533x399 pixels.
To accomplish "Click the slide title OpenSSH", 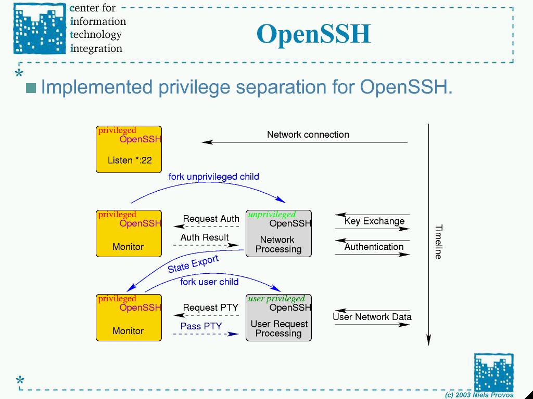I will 313,34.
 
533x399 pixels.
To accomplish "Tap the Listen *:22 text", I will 130,160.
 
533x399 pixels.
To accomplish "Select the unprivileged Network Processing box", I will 278,234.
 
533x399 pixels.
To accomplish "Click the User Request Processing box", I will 278,318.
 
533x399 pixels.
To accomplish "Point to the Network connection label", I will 308,135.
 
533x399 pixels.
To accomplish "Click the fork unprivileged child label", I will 213,177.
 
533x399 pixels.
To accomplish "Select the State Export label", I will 193,264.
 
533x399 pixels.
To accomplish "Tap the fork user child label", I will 209,282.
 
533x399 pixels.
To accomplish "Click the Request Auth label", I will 211,219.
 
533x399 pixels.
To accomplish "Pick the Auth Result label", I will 205,237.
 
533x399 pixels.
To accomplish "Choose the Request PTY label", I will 210,308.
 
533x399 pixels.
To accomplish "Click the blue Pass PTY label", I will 201,326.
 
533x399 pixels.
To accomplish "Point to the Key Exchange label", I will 374,221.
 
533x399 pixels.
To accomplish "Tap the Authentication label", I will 374,247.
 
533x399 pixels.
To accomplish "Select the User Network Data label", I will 372,317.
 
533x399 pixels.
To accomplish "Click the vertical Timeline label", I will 438,242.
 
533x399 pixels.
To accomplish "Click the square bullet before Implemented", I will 31,88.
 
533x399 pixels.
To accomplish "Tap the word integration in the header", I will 96,48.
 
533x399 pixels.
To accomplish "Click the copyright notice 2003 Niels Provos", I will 479,395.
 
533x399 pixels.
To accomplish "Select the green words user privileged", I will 276,299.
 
